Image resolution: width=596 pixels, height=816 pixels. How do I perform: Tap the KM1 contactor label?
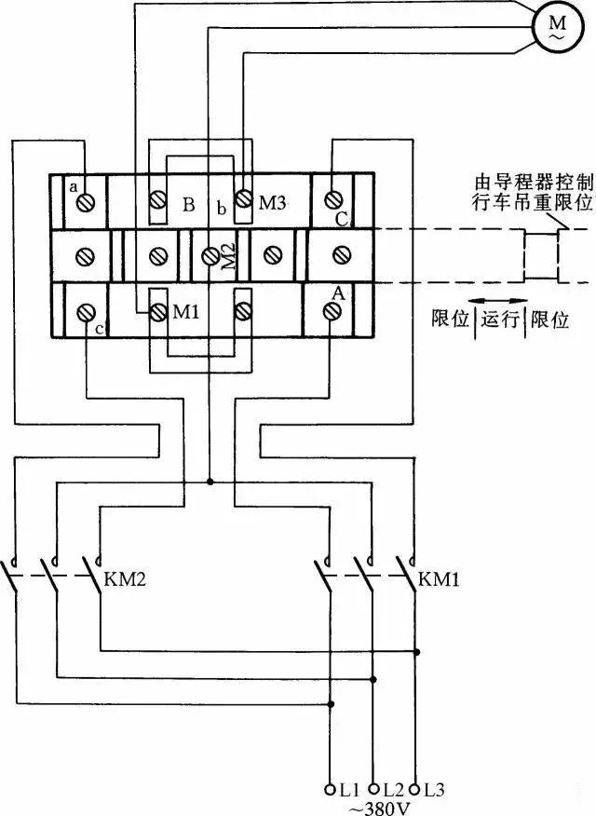(x=440, y=579)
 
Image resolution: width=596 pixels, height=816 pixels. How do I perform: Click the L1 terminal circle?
(x=331, y=788)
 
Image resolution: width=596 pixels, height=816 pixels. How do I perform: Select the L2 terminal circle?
(x=373, y=788)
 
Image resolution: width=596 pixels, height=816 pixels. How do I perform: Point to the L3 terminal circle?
(x=415, y=788)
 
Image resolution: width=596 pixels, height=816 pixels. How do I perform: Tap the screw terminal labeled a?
(x=87, y=201)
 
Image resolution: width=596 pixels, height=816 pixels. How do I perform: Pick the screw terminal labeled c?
(x=87, y=310)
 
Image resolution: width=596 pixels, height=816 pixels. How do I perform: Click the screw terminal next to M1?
(x=156, y=311)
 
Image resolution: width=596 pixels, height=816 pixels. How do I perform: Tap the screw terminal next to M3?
(x=244, y=199)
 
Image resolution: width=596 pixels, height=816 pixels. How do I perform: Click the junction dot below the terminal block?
(x=210, y=482)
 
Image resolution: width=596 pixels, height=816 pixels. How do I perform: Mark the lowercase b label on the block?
(x=221, y=209)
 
